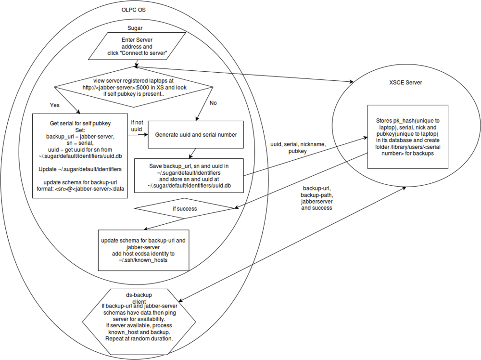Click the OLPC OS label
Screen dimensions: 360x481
134,9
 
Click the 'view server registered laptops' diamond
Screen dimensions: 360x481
134,87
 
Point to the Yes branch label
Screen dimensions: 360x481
55,104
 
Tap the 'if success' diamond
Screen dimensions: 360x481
184,209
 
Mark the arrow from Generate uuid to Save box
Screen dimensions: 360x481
192,153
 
